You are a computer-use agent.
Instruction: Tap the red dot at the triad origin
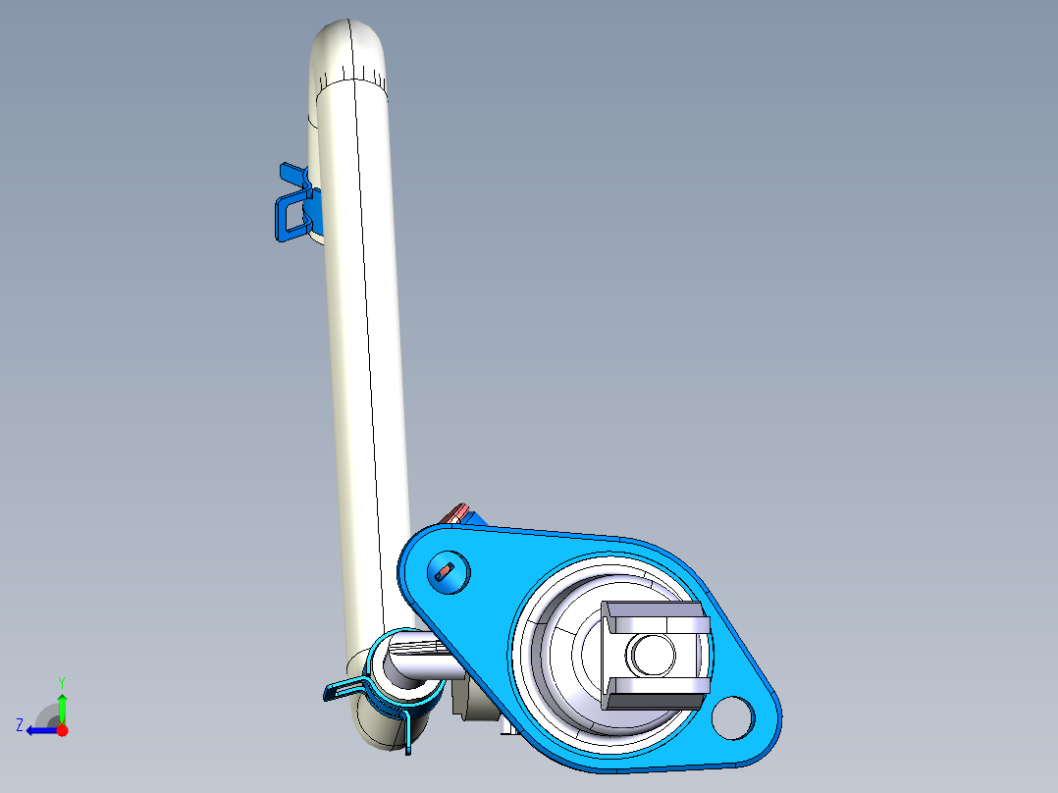tap(62, 730)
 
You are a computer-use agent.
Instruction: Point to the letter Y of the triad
tap(61, 681)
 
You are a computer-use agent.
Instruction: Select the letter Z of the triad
tap(20, 725)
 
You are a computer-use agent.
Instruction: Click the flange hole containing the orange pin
tap(446, 569)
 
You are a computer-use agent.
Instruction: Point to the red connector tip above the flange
tap(456, 512)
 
